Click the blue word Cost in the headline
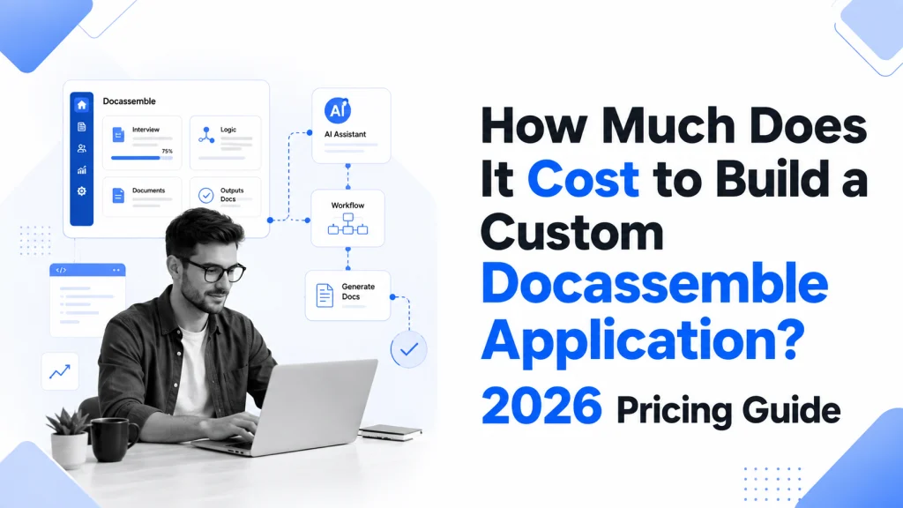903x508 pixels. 583,179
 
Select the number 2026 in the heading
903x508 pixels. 541,406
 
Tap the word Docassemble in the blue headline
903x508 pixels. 654,283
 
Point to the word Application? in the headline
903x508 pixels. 643,340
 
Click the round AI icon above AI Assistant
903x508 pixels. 338,110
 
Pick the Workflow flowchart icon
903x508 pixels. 347,224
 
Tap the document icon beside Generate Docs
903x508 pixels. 325,295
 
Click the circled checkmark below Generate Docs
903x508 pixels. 409,348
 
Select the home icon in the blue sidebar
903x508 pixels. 82,105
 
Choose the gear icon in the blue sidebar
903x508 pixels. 82,191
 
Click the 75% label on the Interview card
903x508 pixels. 167,151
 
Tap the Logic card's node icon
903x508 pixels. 206,135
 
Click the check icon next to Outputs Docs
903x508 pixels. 205,195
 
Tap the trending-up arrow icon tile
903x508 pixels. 60,371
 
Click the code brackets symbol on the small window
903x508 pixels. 61,270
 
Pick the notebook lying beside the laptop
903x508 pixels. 391,432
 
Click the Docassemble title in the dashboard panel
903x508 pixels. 129,101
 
